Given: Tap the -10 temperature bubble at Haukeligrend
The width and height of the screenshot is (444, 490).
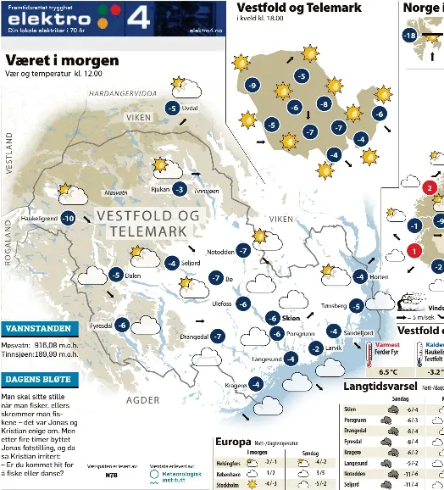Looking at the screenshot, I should [x=68, y=219].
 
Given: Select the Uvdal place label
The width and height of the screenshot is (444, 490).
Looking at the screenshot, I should [x=191, y=109].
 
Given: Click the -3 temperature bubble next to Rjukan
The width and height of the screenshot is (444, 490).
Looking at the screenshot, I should [x=180, y=189].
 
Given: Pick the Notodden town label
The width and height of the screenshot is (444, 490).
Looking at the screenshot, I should [x=220, y=252].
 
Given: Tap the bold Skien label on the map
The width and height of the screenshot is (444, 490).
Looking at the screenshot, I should [x=291, y=318].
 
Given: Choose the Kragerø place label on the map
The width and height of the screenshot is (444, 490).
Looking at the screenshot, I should [x=236, y=385].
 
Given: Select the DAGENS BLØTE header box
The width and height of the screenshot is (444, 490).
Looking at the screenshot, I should [x=39, y=379].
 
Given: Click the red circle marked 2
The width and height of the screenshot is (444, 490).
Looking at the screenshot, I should [x=430, y=188].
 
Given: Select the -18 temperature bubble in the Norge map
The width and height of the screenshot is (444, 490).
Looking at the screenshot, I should [x=409, y=36].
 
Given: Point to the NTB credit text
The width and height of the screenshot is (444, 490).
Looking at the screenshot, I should [x=111, y=476].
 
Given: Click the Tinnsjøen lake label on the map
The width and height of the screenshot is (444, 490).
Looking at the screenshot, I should [x=207, y=192].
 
